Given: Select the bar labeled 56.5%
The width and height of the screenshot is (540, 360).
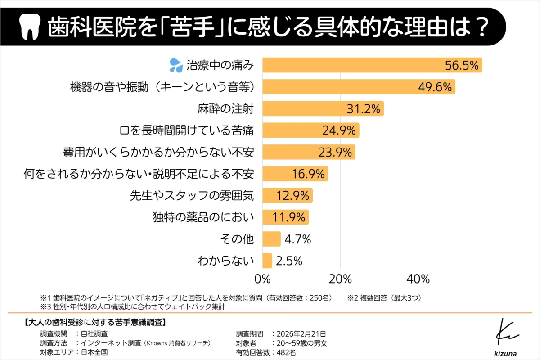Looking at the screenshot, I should [372, 65].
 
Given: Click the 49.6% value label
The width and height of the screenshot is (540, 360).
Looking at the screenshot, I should [434, 87].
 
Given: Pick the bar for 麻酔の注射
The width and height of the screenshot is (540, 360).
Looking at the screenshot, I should [322, 109].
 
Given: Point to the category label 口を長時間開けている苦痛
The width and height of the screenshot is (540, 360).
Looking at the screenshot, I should [187, 130].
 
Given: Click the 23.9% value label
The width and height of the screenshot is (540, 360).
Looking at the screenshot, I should [335, 153].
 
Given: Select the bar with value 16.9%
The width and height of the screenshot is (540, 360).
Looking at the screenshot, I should [295, 174].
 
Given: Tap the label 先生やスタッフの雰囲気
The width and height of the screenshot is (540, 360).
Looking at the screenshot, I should [192, 196].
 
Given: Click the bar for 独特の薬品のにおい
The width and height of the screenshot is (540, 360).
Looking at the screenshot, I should [285, 218].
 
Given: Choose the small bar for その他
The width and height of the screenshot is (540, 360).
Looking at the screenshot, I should [271, 239].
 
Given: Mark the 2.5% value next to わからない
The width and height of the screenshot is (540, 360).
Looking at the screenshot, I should [289, 261].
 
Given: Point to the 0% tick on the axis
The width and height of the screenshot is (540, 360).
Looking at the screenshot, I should [262, 279].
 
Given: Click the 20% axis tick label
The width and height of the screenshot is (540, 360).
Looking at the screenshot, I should [340, 279].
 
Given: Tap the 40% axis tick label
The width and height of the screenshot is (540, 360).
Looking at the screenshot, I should [418, 279].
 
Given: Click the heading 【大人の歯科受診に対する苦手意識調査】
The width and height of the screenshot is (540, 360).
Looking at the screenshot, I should [94, 322].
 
